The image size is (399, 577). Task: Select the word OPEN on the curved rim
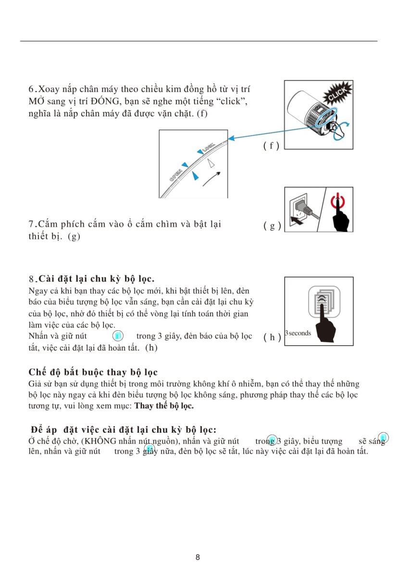tap(175, 175)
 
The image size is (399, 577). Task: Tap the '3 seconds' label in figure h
tap(298, 333)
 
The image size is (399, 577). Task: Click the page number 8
tap(198, 558)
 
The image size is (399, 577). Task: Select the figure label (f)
tap(272, 146)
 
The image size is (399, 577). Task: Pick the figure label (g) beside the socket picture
tap(272, 226)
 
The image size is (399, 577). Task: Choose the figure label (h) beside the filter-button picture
tap(272, 337)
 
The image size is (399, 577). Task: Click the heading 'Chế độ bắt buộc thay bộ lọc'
tap(93, 372)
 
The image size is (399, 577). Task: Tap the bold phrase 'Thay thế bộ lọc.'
tap(164, 406)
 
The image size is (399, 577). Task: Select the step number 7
tap(32, 224)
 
